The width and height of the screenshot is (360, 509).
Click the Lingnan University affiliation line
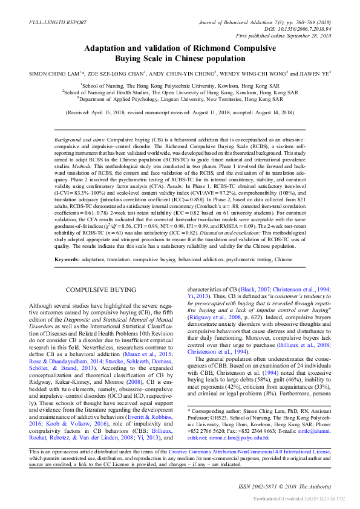[x=180, y=100]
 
